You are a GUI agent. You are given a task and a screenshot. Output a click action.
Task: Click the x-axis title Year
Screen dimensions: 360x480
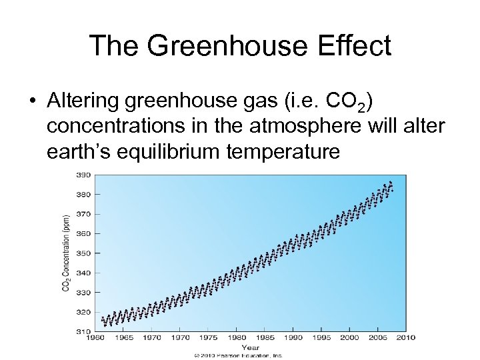coord(251,347)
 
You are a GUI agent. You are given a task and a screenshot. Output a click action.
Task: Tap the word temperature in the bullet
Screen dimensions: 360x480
coord(283,153)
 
